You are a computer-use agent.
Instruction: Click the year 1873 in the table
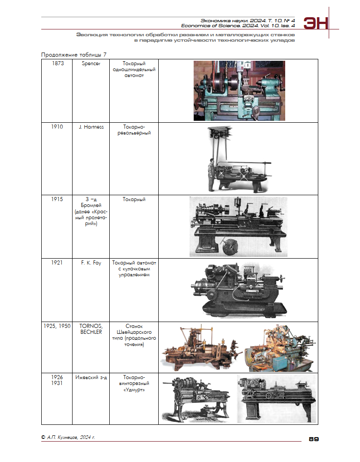pyautogui.click(x=58, y=63)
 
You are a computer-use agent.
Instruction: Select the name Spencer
pyautogui.click(x=91, y=64)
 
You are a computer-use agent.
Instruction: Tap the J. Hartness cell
pyautogui.click(x=91, y=127)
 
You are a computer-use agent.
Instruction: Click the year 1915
pyautogui.click(x=57, y=199)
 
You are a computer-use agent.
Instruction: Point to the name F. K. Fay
pyautogui.click(x=91, y=263)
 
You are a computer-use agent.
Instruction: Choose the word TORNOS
pyautogui.click(x=91, y=326)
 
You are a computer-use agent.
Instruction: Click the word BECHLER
pyautogui.click(x=91, y=332)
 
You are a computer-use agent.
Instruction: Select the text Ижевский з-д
pyautogui.click(x=91, y=377)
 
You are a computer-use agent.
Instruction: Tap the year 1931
pyautogui.click(x=57, y=383)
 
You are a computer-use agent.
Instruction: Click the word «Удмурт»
pyautogui.click(x=134, y=390)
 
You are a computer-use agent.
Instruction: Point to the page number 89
pyautogui.click(x=314, y=439)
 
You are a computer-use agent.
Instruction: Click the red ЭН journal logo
pyautogui.click(x=316, y=23)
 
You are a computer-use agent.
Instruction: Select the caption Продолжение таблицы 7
pyautogui.click(x=74, y=55)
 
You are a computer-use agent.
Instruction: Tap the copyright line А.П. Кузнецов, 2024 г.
pyautogui.click(x=68, y=438)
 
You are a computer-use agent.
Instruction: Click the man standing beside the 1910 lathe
pyautogui.click(x=211, y=175)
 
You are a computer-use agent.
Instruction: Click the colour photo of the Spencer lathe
pyautogui.click(x=239, y=91)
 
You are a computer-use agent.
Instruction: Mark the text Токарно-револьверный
pyautogui.click(x=134, y=130)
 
